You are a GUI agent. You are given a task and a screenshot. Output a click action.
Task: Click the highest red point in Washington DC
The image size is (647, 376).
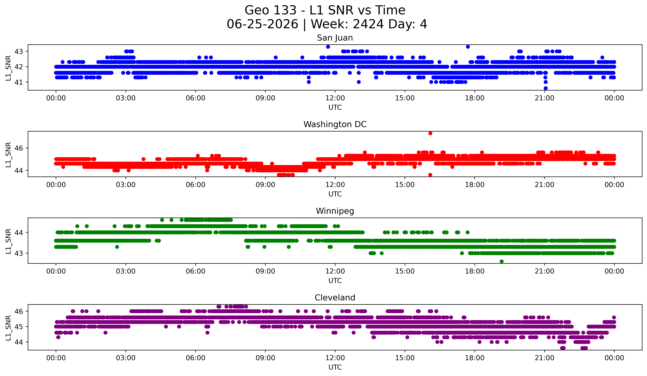coord(430,133)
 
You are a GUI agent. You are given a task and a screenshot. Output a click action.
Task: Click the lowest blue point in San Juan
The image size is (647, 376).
coord(546,88)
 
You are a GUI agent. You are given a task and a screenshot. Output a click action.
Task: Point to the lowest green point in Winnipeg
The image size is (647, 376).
coord(502,261)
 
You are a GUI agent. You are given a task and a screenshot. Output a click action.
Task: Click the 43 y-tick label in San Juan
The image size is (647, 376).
coord(18,51)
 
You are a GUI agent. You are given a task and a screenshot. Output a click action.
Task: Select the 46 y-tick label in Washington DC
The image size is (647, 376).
coord(18,148)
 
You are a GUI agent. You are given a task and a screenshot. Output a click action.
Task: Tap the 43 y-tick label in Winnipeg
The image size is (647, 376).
coord(18,253)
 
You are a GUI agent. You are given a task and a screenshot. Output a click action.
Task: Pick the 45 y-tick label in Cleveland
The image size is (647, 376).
coord(18,327)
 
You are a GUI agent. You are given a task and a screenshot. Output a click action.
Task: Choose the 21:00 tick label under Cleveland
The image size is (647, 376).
coord(545,358)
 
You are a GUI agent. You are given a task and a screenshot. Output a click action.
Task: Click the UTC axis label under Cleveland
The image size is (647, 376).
coord(335,367)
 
